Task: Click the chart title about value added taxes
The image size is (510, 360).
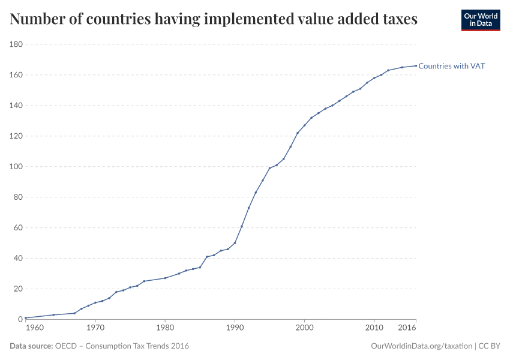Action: click(x=214, y=20)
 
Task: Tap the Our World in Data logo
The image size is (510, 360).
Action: click(x=480, y=20)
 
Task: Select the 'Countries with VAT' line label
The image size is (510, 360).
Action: click(x=451, y=66)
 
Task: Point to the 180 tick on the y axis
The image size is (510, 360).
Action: click(x=16, y=44)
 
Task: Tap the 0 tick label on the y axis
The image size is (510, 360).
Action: click(x=20, y=319)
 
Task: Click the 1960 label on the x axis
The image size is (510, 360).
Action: click(x=35, y=328)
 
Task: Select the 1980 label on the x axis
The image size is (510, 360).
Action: click(x=165, y=328)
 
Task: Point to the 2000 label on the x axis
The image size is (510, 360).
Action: click(x=305, y=328)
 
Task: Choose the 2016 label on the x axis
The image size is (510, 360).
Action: click(x=407, y=328)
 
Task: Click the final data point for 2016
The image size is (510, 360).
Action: click(x=416, y=66)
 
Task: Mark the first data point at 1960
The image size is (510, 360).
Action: click(x=26, y=317)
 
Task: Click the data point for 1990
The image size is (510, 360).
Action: click(x=235, y=243)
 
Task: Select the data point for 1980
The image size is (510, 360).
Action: click(x=165, y=278)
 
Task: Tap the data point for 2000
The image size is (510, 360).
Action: click(x=305, y=125)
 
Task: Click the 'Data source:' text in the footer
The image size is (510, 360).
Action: click(x=31, y=346)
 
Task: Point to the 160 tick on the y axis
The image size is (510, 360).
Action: click(x=16, y=75)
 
